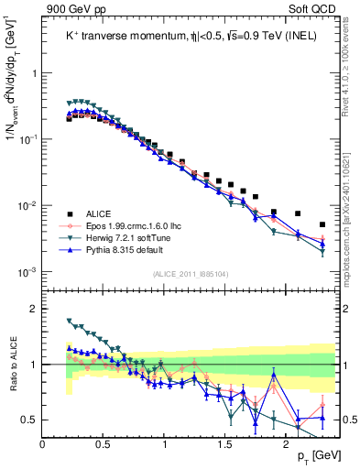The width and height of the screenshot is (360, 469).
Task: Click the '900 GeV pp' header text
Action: [71, 8]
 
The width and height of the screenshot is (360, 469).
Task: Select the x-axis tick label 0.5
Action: [104, 442]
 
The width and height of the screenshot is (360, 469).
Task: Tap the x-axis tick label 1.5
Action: [225, 442]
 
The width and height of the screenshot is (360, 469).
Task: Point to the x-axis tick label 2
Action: [287, 442]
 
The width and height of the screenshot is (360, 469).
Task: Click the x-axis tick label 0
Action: [43, 442]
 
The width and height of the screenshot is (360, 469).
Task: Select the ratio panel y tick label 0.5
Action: [31, 420]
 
